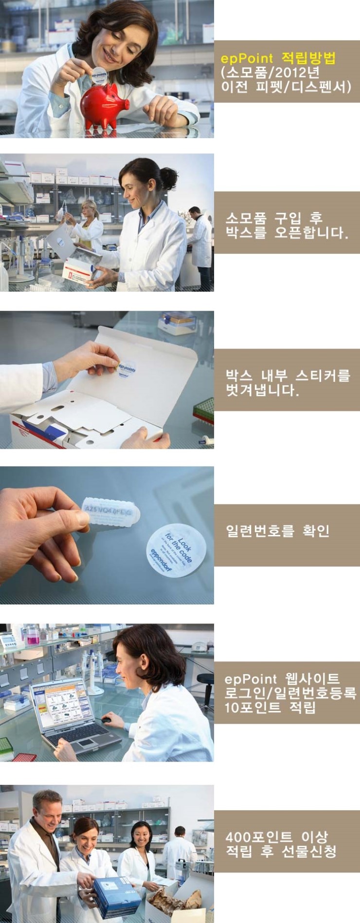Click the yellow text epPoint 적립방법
278,59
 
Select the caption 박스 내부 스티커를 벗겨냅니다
287,383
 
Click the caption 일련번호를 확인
278,531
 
